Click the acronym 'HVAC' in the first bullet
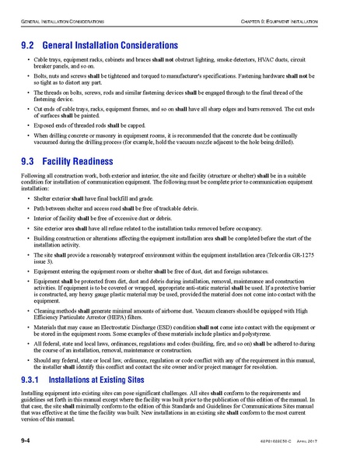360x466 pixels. coord(269,59)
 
